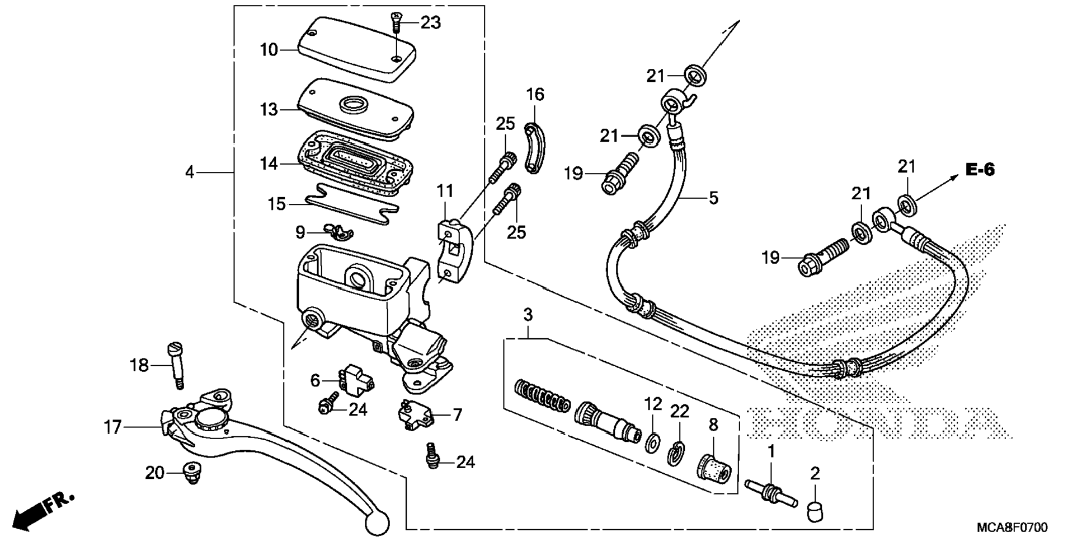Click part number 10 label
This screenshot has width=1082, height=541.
[x=269, y=50]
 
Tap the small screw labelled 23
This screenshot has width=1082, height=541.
[x=396, y=23]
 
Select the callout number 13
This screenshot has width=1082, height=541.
[x=269, y=110]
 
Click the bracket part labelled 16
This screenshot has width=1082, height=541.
[x=533, y=149]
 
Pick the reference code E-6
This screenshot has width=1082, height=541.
[x=980, y=170]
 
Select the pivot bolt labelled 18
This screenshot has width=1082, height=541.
[x=175, y=365]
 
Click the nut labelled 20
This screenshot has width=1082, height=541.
[x=192, y=473]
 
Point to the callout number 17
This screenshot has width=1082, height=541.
[x=112, y=428]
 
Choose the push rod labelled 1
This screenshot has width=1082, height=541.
[x=770, y=493]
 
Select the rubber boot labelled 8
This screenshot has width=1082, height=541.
[x=713, y=465]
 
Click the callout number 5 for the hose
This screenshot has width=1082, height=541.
[x=713, y=198]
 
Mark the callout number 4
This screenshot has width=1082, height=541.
[x=190, y=172]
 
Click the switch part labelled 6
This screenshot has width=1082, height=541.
[x=354, y=379]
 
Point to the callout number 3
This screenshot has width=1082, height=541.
[x=528, y=315]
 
